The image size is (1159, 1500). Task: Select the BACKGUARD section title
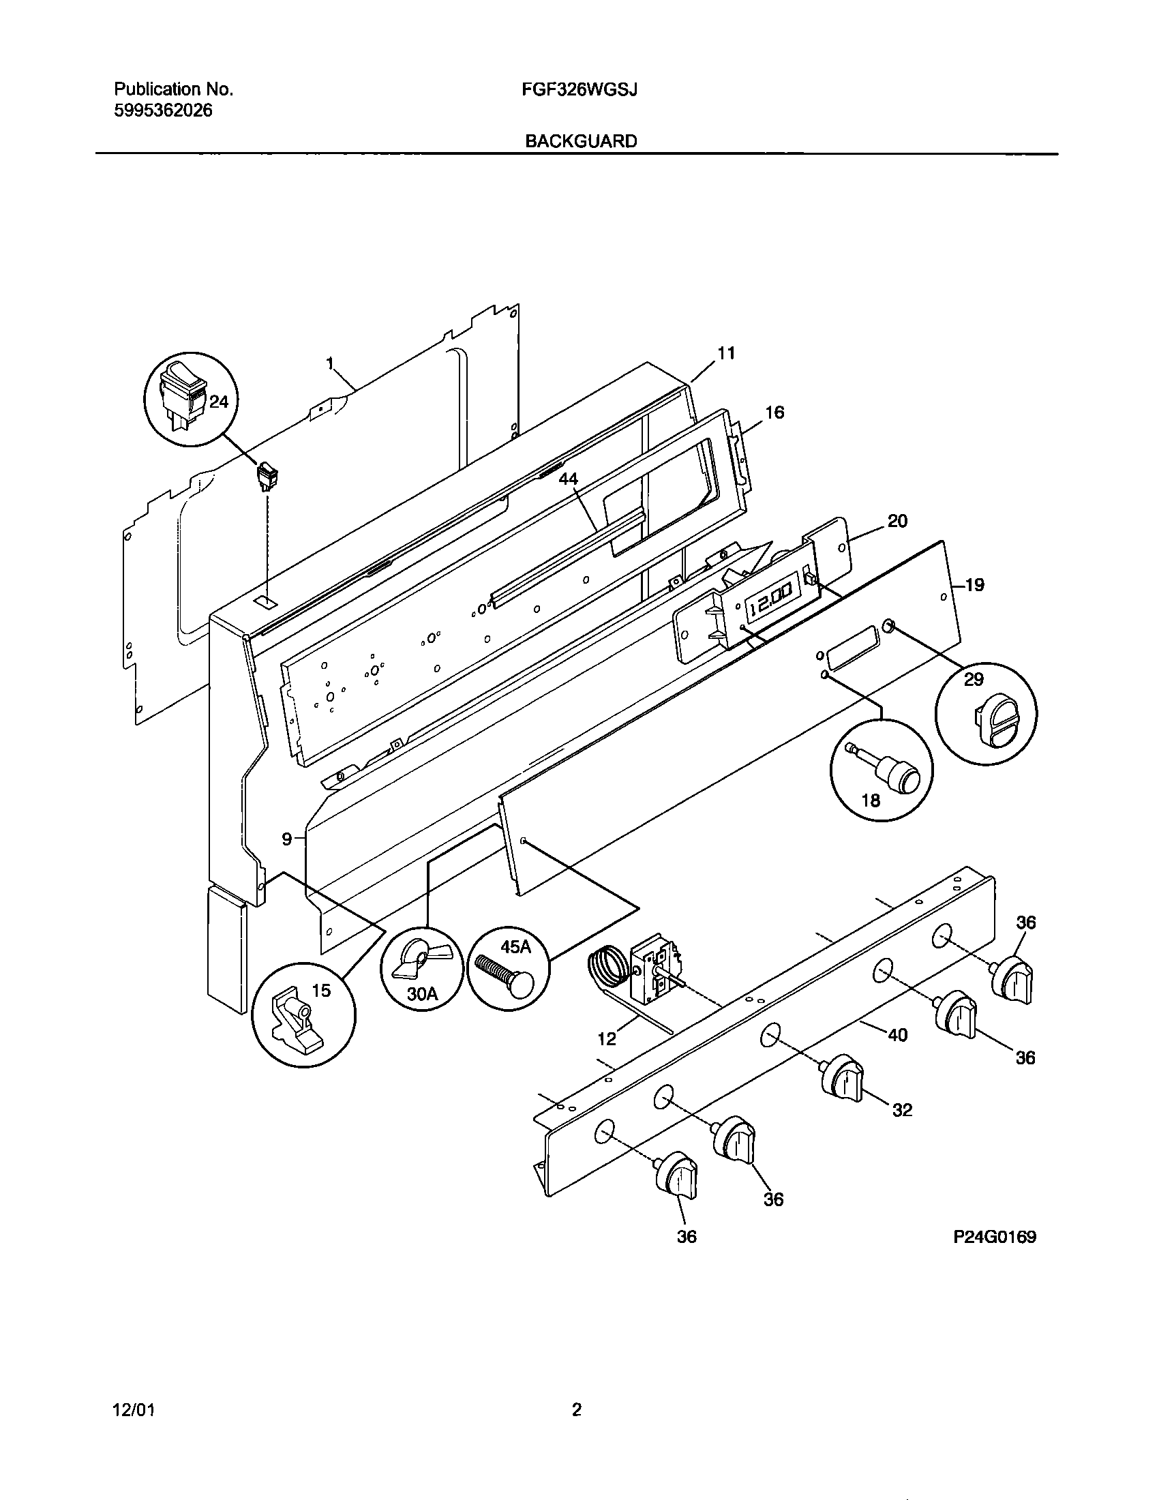coord(581,141)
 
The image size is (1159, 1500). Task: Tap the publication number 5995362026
coord(163,110)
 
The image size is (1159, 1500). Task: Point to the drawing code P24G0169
coord(994,1237)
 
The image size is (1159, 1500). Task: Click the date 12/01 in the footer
coord(133,1411)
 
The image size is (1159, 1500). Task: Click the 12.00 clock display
coord(770,605)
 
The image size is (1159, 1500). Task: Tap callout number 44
coord(568,479)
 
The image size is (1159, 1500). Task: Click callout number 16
coord(774,412)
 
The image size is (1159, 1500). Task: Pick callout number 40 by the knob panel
coord(897,1034)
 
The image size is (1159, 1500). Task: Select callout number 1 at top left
coord(330,362)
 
